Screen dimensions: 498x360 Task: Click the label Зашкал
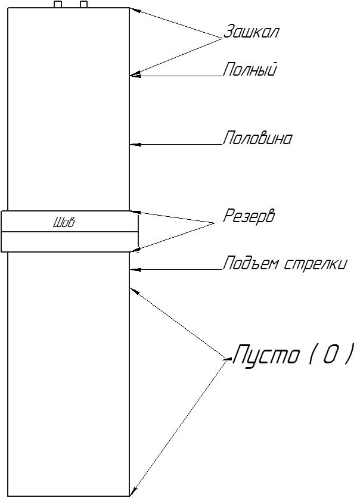click(251, 32)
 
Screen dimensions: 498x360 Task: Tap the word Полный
click(250, 70)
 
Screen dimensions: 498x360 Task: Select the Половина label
click(257, 139)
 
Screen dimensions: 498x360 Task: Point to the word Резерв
click(249, 216)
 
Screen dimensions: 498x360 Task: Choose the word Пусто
click(266, 355)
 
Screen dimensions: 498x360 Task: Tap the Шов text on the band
click(64, 223)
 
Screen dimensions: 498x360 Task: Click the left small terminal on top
click(58, 4)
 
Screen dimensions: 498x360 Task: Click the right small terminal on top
click(84, 4)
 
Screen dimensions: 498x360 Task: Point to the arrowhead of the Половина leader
click(134, 144)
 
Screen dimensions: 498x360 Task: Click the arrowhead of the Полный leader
click(134, 75)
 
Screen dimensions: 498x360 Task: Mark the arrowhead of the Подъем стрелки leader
click(134, 270)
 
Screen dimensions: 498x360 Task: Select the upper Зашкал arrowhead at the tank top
click(133, 10)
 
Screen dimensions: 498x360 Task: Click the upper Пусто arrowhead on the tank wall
click(133, 291)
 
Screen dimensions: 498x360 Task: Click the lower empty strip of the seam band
click(70, 242)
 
